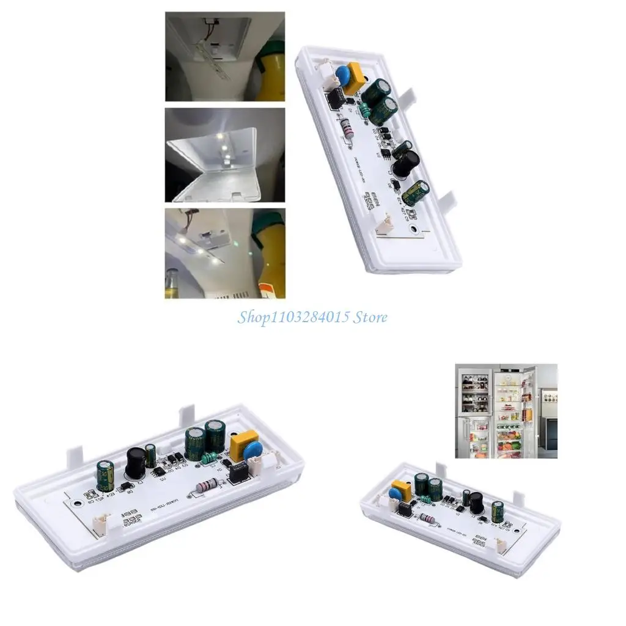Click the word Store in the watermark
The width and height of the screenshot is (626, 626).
click(x=369, y=317)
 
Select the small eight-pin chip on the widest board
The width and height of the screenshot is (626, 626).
click(x=237, y=472)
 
